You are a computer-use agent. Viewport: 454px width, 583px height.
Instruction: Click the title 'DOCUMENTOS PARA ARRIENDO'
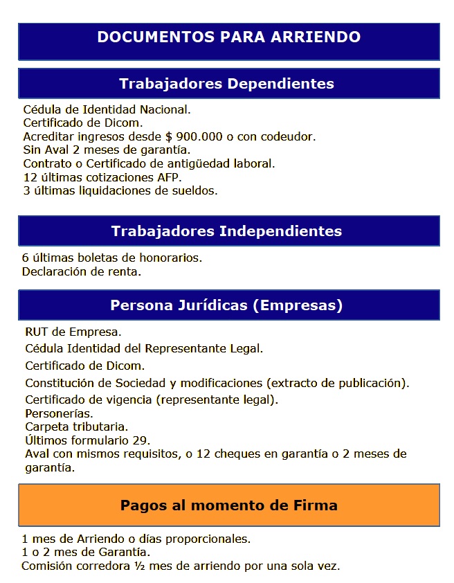point(228,37)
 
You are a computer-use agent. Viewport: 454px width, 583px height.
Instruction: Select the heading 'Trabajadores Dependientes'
point(226,84)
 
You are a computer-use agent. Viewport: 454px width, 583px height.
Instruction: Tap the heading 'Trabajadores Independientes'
point(226,231)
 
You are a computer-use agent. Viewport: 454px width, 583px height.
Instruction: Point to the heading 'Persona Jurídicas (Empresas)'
point(226,305)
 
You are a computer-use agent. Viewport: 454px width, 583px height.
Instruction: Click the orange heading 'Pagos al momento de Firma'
point(228,505)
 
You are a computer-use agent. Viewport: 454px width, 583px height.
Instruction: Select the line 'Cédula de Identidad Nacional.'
point(107,109)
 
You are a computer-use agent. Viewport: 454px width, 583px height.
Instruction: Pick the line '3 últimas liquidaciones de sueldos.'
point(120,190)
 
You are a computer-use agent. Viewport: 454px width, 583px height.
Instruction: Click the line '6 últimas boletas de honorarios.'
point(112,258)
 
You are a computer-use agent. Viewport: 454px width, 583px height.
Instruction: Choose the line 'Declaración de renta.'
point(82,272)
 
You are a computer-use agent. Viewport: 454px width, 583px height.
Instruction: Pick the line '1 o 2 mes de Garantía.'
point(86,552)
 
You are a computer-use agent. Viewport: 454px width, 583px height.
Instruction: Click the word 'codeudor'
point(289,136)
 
